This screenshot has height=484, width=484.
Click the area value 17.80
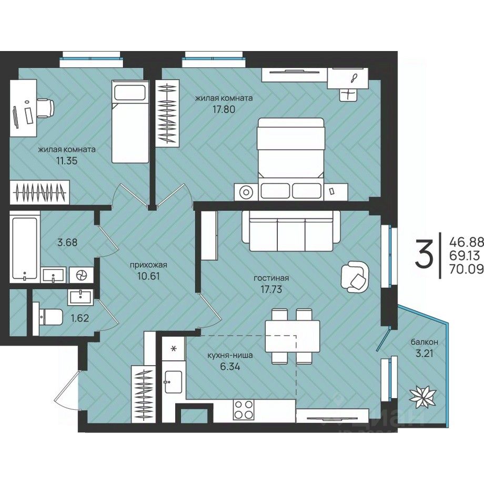tap(224, 109)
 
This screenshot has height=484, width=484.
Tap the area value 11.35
tap(65, 160)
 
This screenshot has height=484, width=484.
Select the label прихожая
tap(148, 265)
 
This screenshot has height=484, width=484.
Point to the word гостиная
tap(271, 278)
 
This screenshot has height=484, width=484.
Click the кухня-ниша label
tap(230, 355)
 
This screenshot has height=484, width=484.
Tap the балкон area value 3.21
tap(425, 353)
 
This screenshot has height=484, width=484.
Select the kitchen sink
tap(173, 382)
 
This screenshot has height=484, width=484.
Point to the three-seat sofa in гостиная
tap(291, 231)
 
